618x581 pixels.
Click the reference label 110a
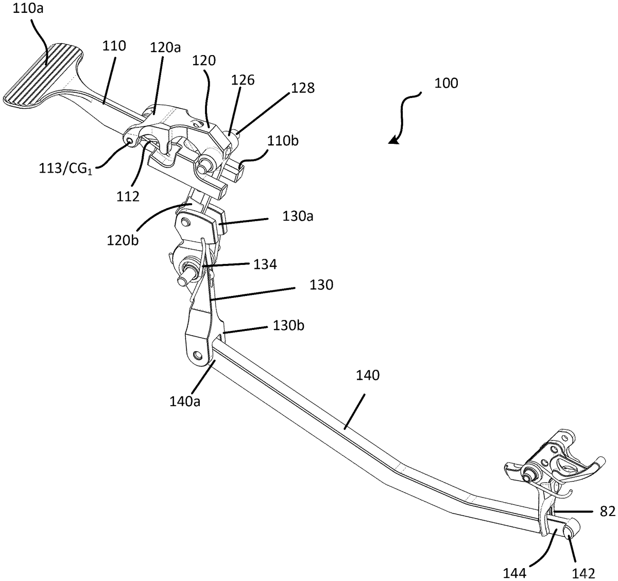tap(28, 8)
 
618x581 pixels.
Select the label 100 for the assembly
tap(446, 84)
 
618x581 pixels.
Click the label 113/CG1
tap(65, 169)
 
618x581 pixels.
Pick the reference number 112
tap(128, 196)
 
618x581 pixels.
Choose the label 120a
tap(165, 48)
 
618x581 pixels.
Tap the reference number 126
tap(243, 80)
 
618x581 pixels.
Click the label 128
tap(303, 88)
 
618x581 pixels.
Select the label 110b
tap(283, 141)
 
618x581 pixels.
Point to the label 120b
tap(123, 240)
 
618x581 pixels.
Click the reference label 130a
tap(298, 216)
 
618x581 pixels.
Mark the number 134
tap(265, 264)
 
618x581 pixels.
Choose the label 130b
tap(288, 325)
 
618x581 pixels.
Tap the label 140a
tap(185, 402)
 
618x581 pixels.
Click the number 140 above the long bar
tap(368, 375)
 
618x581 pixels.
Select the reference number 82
tap(608, 511)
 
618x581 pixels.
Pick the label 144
tap(515, 573)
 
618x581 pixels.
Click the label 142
tap(583, 573)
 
